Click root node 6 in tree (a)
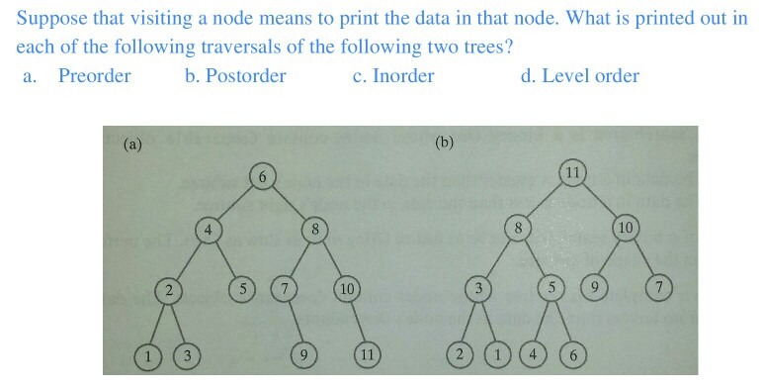[262, 177]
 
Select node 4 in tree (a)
[208, 230]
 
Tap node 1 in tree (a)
[148, 355]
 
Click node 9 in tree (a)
[305, 355]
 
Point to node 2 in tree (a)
[170, 291]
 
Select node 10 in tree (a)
[346, 290]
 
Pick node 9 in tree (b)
[593, 289]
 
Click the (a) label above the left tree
[132, 144]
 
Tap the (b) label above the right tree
[444, 142]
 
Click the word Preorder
[94, 76]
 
